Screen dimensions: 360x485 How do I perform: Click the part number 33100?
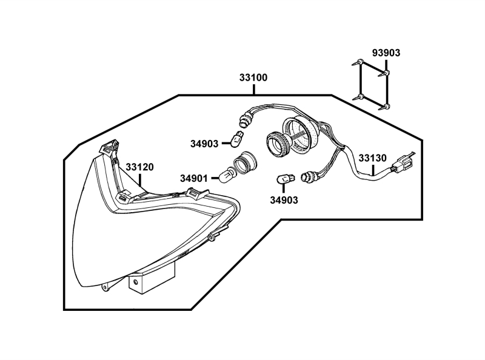click(253, 78)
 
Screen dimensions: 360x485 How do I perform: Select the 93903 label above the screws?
click(386, 53)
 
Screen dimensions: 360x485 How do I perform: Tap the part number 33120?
click(140, 167)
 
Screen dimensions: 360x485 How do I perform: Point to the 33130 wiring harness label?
click(372, 158)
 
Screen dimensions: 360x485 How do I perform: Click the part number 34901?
click(194, 178)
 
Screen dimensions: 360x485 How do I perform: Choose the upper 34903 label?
click(204, 144)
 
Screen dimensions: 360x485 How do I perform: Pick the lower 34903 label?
click(284, 199)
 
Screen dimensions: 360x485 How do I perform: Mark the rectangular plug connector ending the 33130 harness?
click(403, 163)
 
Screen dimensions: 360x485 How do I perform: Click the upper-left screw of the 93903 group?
click(360, 62)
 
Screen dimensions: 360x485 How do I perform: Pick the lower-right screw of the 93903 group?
click(386, 107)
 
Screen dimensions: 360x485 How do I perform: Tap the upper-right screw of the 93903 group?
click(386, 74)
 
